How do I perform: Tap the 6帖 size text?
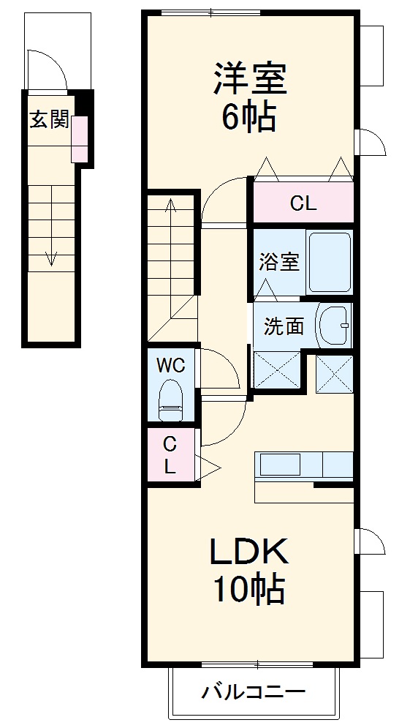249,116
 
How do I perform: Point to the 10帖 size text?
248,589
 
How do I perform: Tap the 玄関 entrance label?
48,119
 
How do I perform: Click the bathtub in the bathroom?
330,262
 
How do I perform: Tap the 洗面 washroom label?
284,326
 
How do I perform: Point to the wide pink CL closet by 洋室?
303,203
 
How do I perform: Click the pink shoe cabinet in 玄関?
79,139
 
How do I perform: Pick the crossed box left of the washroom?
276,369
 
